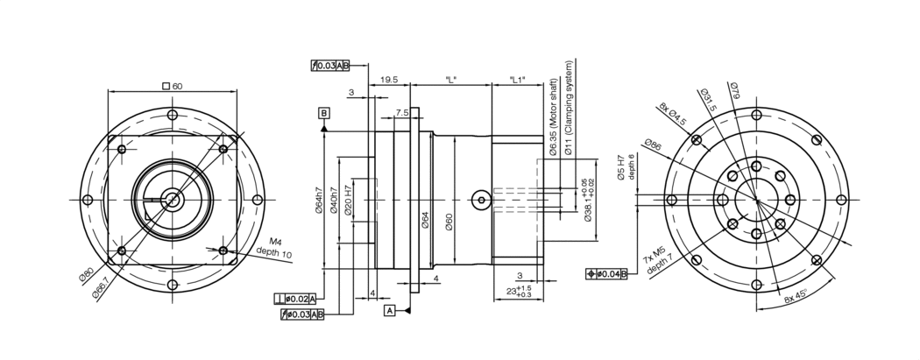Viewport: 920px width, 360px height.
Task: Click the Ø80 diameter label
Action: tap(87, 279)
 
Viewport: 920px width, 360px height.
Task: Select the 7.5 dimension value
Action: tap(402, 113)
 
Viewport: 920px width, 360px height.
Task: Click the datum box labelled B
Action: tap(324, 114)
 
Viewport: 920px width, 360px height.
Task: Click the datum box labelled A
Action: tap(388, 310)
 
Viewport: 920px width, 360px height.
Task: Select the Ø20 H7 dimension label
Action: tap(349, 201)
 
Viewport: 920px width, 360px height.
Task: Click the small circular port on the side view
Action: tap(479, 200)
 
